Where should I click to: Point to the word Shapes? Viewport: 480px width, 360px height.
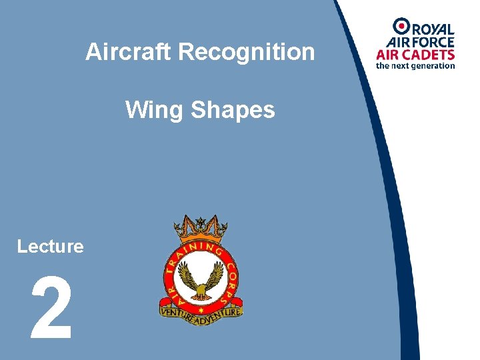pos(233,110)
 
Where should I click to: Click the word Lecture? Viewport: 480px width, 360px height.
pos(51,247)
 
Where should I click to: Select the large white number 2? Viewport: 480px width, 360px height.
pos(51,310)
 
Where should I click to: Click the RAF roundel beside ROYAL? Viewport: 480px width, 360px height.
pos(401,27)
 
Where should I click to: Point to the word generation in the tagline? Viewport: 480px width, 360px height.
pos(433,66)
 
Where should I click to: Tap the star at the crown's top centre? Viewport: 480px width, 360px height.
pos(201,221)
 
